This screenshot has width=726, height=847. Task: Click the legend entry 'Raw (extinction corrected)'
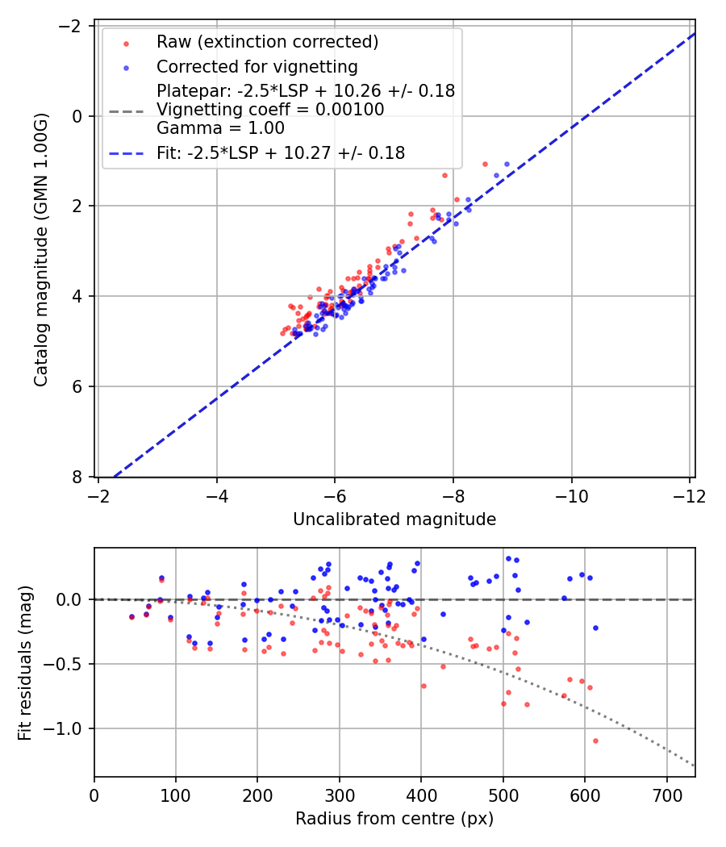click(267, 42)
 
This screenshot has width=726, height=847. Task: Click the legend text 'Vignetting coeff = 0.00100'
click(270, 110)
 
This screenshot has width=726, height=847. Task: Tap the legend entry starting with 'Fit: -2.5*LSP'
click(280, 152)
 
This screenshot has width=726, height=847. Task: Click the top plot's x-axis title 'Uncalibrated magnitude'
click(394, 519)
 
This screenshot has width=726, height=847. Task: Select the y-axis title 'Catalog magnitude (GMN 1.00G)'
click(41, 251)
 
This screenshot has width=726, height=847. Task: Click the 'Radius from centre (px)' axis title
click(394, 819)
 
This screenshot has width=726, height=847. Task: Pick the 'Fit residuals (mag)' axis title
click(25, 662)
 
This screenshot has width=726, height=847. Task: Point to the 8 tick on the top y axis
click(77, 477)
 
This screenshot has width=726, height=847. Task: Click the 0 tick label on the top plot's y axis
click(77, 116)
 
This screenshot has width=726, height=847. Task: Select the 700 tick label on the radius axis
click(666, 795)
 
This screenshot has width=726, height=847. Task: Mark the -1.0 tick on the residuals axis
click(65, 728)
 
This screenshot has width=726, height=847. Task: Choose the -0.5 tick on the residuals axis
click(65, 664)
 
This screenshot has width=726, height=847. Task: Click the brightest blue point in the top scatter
click(507, 164)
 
